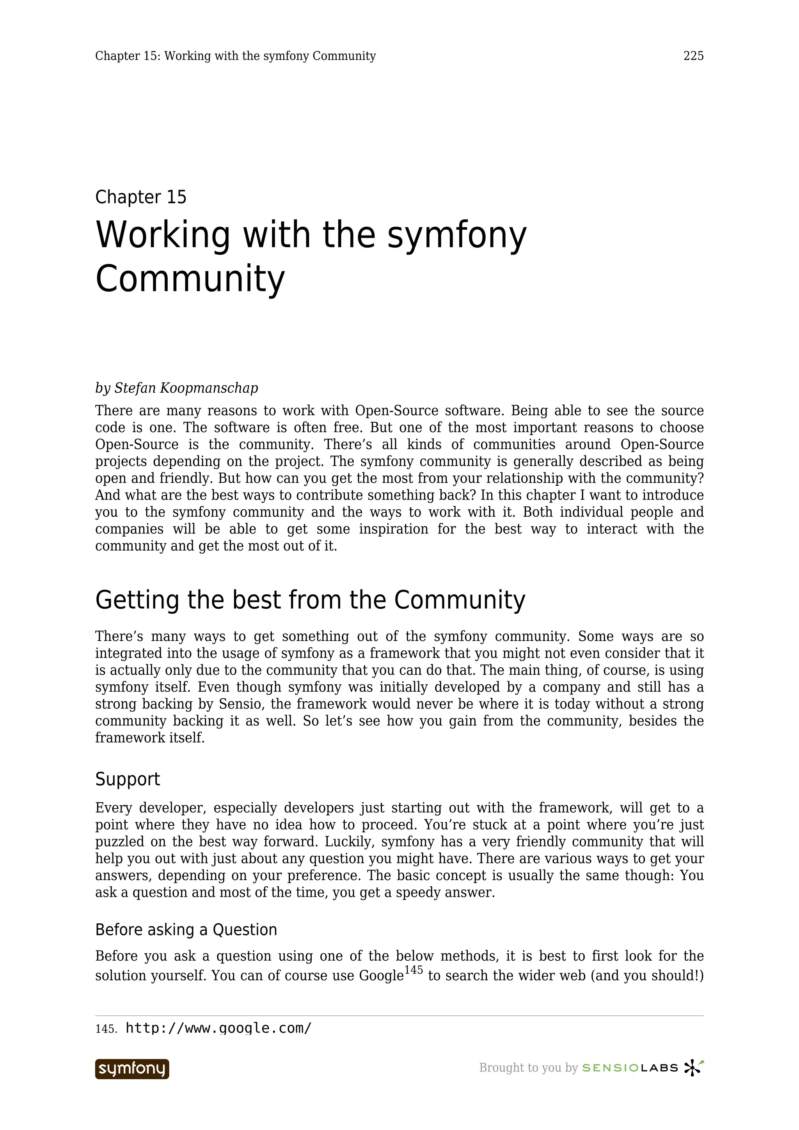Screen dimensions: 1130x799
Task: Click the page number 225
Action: pyautogui.click(x=693, y=56)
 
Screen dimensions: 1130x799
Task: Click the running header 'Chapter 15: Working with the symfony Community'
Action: pyautogui.click(x=235, y=56)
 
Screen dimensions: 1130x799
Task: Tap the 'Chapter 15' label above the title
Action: pyautogui.click(x=141, y=197)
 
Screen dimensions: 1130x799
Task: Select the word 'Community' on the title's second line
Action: pyautogui.click(x=190, y=278)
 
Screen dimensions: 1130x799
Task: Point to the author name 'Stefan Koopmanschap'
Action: pyautogui.click(x=186, y=388)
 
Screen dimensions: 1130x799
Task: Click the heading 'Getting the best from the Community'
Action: pyautogui.click(x=310, y=600)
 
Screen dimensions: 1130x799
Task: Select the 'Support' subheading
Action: pyautogui.click(x=128, y=779)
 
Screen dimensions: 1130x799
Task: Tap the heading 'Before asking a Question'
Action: pyautogui.click(x=186, y=930)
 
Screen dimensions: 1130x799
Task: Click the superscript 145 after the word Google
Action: pyautogui.click(x=413, y=970)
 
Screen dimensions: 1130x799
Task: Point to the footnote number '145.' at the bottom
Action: pyautogui.click(x=106, y=1029)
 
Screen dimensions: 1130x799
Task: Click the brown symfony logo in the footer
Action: pyautogui.click(x=132, y=1069)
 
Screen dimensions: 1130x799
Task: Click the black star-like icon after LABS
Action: pyautogui.click(x=693, y=1068)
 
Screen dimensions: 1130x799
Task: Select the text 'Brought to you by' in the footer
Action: pyautogui.click(x=528, y=1068)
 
